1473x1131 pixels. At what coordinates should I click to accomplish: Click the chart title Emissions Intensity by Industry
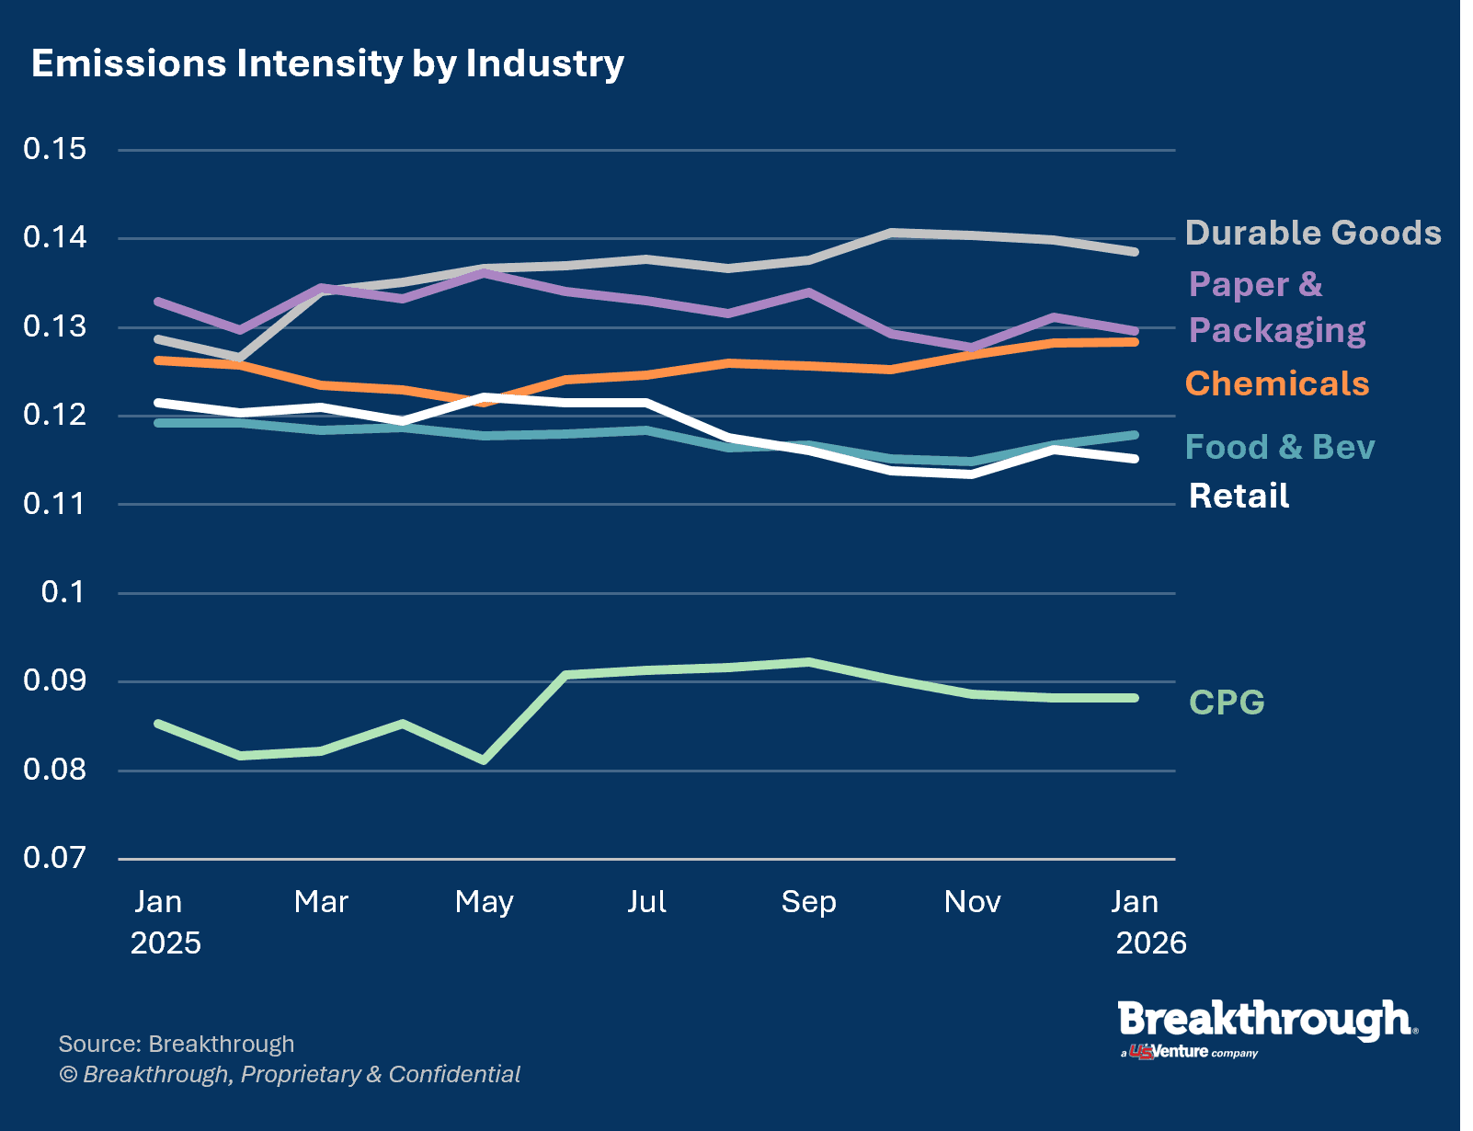click(x=327, y=63)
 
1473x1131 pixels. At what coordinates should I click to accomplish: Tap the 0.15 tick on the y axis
click(x=54, y=149)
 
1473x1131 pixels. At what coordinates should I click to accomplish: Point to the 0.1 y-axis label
click(x=63, y=592)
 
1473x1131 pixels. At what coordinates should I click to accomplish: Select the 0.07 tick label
click(x=54, y=858)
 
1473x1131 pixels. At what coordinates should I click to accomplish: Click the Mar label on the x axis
click(x=321, y=902)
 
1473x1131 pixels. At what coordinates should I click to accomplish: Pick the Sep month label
click(x=808, y=902)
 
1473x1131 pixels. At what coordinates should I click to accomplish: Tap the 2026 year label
click(x=1150, y=943)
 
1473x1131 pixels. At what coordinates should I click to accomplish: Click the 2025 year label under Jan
click(x=166, y=943)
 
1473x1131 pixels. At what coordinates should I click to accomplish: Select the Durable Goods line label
click(x=1312, y=233)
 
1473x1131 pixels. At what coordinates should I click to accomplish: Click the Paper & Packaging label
click(x=1276, y=307)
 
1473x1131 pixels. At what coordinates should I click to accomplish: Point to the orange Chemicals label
click(x=1276, y=383)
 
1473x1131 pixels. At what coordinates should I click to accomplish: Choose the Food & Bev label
click(x=1279, y=447)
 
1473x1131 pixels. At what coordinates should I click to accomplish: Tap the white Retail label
click(x=1239, y=497)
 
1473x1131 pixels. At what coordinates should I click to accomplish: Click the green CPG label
click(x=1227, y=703)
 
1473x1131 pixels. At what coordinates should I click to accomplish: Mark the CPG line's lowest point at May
click(x=484, y=760)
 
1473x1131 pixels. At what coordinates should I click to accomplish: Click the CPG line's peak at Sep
click(x=808, y=662)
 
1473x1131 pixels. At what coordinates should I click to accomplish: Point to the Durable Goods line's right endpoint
click(x=1135, y=251)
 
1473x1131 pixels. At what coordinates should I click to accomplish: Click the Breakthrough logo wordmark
click(x=1266, y=1021)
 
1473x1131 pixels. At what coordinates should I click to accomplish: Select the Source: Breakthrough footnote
click(x=176, y=1045)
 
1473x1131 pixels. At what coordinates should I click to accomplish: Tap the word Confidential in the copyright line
click(x=454, y=1075)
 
